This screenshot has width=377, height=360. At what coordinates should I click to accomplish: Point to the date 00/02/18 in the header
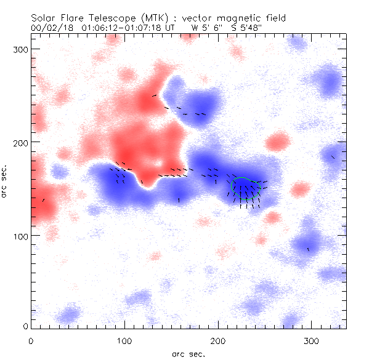[x=50, y=28]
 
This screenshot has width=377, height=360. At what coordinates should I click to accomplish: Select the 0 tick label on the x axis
[x=31, y=340]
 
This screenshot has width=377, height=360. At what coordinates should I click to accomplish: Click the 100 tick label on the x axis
[x=124, y=340]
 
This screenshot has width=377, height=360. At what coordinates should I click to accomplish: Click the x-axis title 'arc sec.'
[x=188, y=354]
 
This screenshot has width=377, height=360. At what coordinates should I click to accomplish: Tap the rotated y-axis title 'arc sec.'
[x=5, y=182]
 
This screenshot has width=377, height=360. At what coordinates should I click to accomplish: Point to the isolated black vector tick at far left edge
[x=43, y=200]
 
